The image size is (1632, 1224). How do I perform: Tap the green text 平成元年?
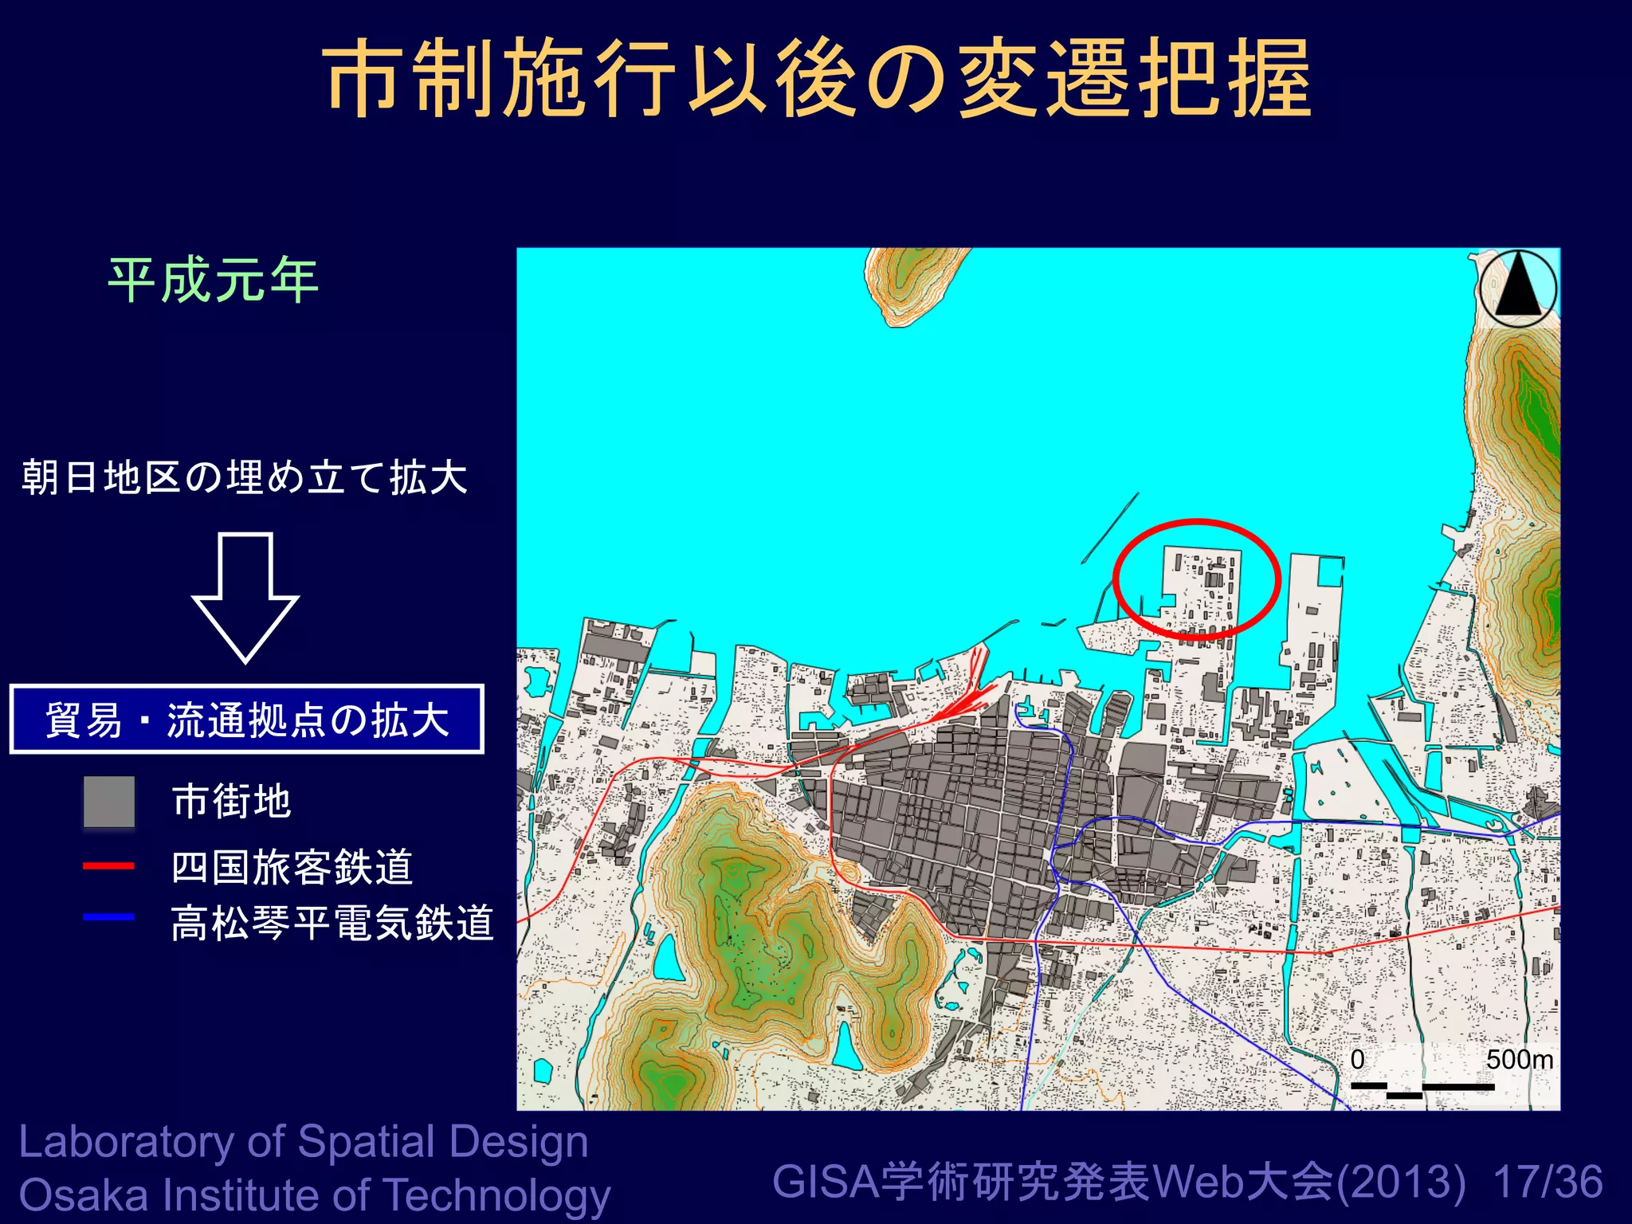pos(214,280)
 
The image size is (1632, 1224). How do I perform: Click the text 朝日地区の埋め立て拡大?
pos(245,477)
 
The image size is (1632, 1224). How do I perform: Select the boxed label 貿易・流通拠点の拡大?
pos(247,720)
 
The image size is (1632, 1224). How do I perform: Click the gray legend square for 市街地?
pos(109,802)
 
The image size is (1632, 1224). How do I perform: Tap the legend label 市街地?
pos(232,802)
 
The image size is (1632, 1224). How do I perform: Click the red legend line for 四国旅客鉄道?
pos(109,865)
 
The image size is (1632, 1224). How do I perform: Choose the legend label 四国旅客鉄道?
pos(292,867)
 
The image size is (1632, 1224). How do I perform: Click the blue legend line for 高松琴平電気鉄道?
pos(109,917)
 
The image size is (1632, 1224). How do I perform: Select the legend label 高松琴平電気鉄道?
pos(332,924)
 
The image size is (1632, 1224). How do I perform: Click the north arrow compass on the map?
pos(1518,288)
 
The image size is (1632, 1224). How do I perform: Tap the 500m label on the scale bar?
pos(1519,1060)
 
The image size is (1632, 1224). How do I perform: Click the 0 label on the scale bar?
pos(1358,1060)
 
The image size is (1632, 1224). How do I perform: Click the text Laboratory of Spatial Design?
pos(304,1142)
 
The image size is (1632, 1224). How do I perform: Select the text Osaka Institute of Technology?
pos(315,1195)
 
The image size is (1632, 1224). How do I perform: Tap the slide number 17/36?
pos(1548,1182)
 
